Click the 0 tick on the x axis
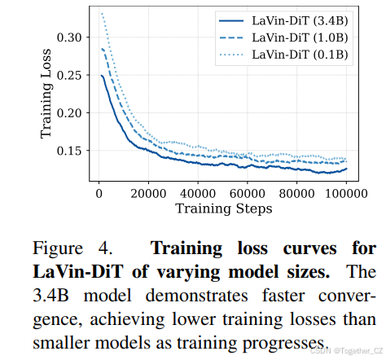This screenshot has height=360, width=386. [x=97, y=194]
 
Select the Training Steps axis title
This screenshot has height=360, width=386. [x=223, y=209]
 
